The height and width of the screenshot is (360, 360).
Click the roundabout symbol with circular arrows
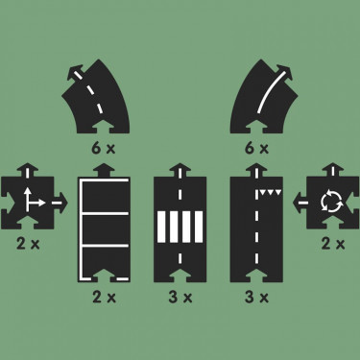point(332,202)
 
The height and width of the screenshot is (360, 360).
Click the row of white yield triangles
point(271,192)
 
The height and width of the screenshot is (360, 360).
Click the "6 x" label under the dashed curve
point(103,149)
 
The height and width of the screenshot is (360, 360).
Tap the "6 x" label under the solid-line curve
point(256,149)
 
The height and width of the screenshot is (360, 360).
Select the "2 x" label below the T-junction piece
point(28,245)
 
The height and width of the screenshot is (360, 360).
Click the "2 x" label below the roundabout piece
point(333,245)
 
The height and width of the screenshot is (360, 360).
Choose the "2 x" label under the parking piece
point(104,298)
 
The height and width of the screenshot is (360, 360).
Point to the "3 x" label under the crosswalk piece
point(180,298)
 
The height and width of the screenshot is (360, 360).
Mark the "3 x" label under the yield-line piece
point(256,298)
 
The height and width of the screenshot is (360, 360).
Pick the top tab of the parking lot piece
point(104,170)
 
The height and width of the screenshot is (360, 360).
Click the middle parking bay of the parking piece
point(105,228)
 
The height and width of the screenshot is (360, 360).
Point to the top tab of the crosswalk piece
point(180,170)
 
